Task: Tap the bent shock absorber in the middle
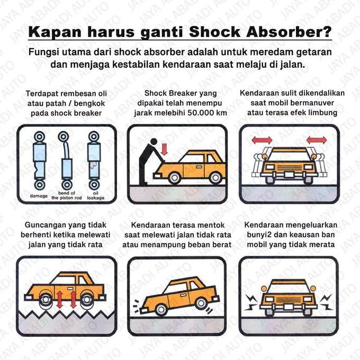(67, 159)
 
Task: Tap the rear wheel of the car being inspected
(215, 177)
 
